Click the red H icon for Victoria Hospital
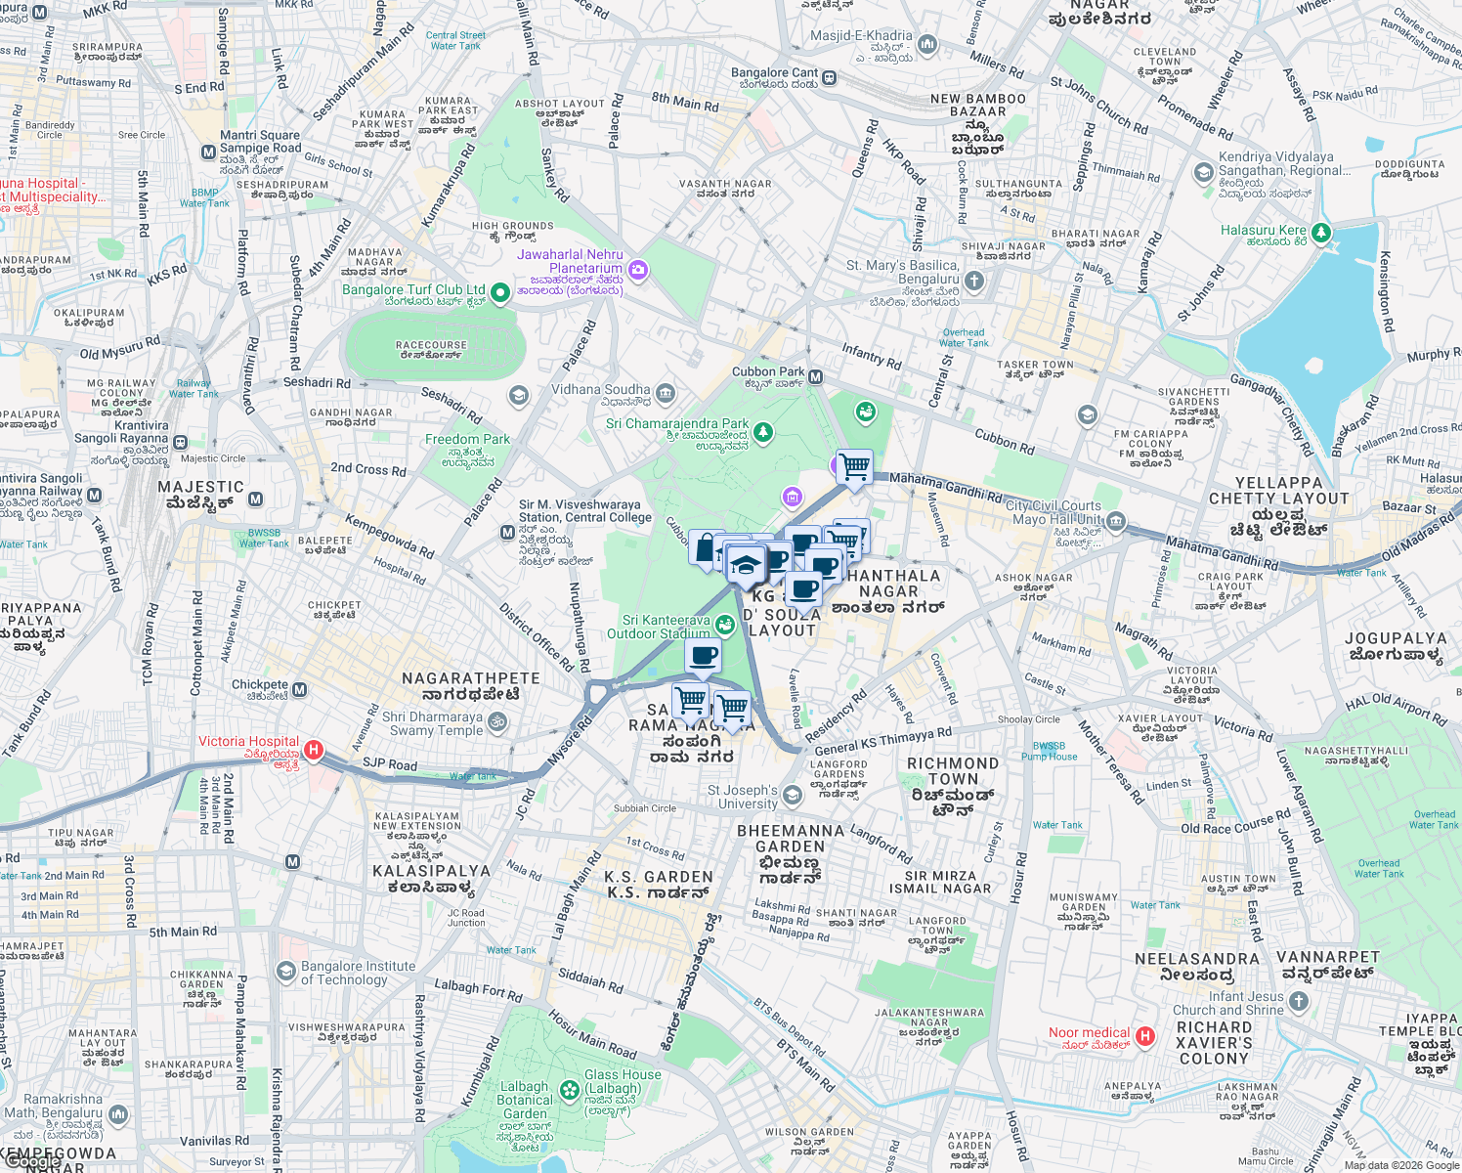[314, 750]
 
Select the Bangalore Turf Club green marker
[500, 292]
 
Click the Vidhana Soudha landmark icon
[666, 394]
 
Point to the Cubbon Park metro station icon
[815, 377]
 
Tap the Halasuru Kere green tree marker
[1320, 233]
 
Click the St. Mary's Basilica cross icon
[973, 282]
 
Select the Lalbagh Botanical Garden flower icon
[570, 1089]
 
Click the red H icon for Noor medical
[1145, 1036]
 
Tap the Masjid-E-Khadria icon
[927, 44]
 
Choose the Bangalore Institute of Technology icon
[285, 972]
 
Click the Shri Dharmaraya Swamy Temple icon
[497, 722]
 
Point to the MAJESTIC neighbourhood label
[201, 487]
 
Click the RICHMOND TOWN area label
[953, 771]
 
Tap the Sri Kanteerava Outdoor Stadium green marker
[724, 625]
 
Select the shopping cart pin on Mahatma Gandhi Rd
[855, 466]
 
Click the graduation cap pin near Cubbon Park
[746, 565]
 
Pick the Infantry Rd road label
[871, 355]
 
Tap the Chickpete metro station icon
[299, 689]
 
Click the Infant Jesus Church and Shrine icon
[1298, 1001]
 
